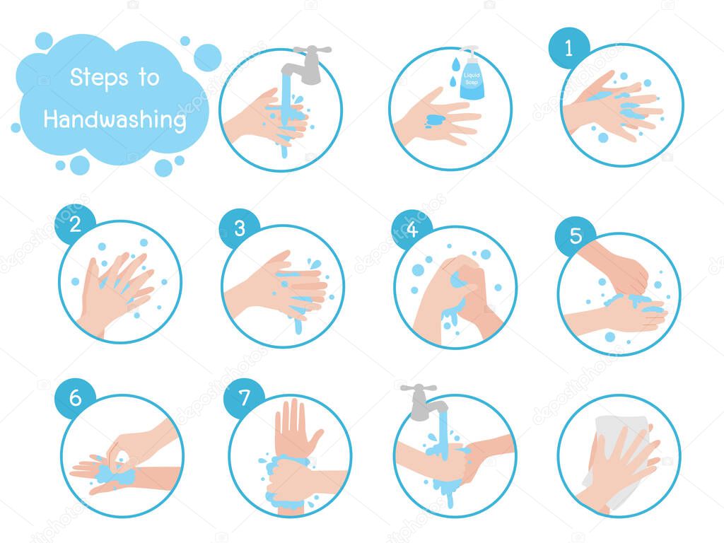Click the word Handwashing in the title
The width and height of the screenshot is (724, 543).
(x=115, y=119)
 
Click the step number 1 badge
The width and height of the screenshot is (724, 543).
(x=569, y=48)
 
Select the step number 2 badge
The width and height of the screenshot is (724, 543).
(x=75, y=224)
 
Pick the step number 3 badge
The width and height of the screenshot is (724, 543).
(x=239, y=228)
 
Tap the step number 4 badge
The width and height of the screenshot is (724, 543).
(x=411, y=228)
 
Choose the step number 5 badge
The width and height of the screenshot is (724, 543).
(x=576, y=236)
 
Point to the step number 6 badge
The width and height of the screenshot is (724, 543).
(x=75, y=398)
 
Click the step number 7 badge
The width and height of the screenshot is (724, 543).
(x=244, y=398)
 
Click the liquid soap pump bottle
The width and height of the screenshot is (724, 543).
(x=470, y=75)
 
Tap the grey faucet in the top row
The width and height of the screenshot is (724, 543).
(x=304, y=64)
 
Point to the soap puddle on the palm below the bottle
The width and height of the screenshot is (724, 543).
(x=434, y=121)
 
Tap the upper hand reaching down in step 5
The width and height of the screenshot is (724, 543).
(x=619, y=269)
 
